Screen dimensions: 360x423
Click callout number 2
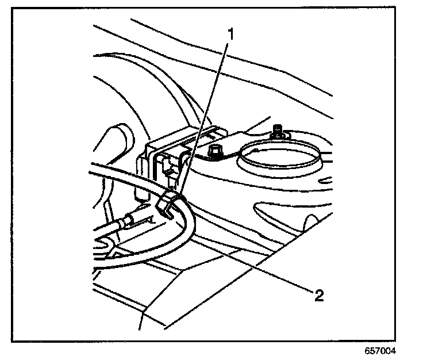(318, 296)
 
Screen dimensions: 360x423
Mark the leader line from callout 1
(207, 109)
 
